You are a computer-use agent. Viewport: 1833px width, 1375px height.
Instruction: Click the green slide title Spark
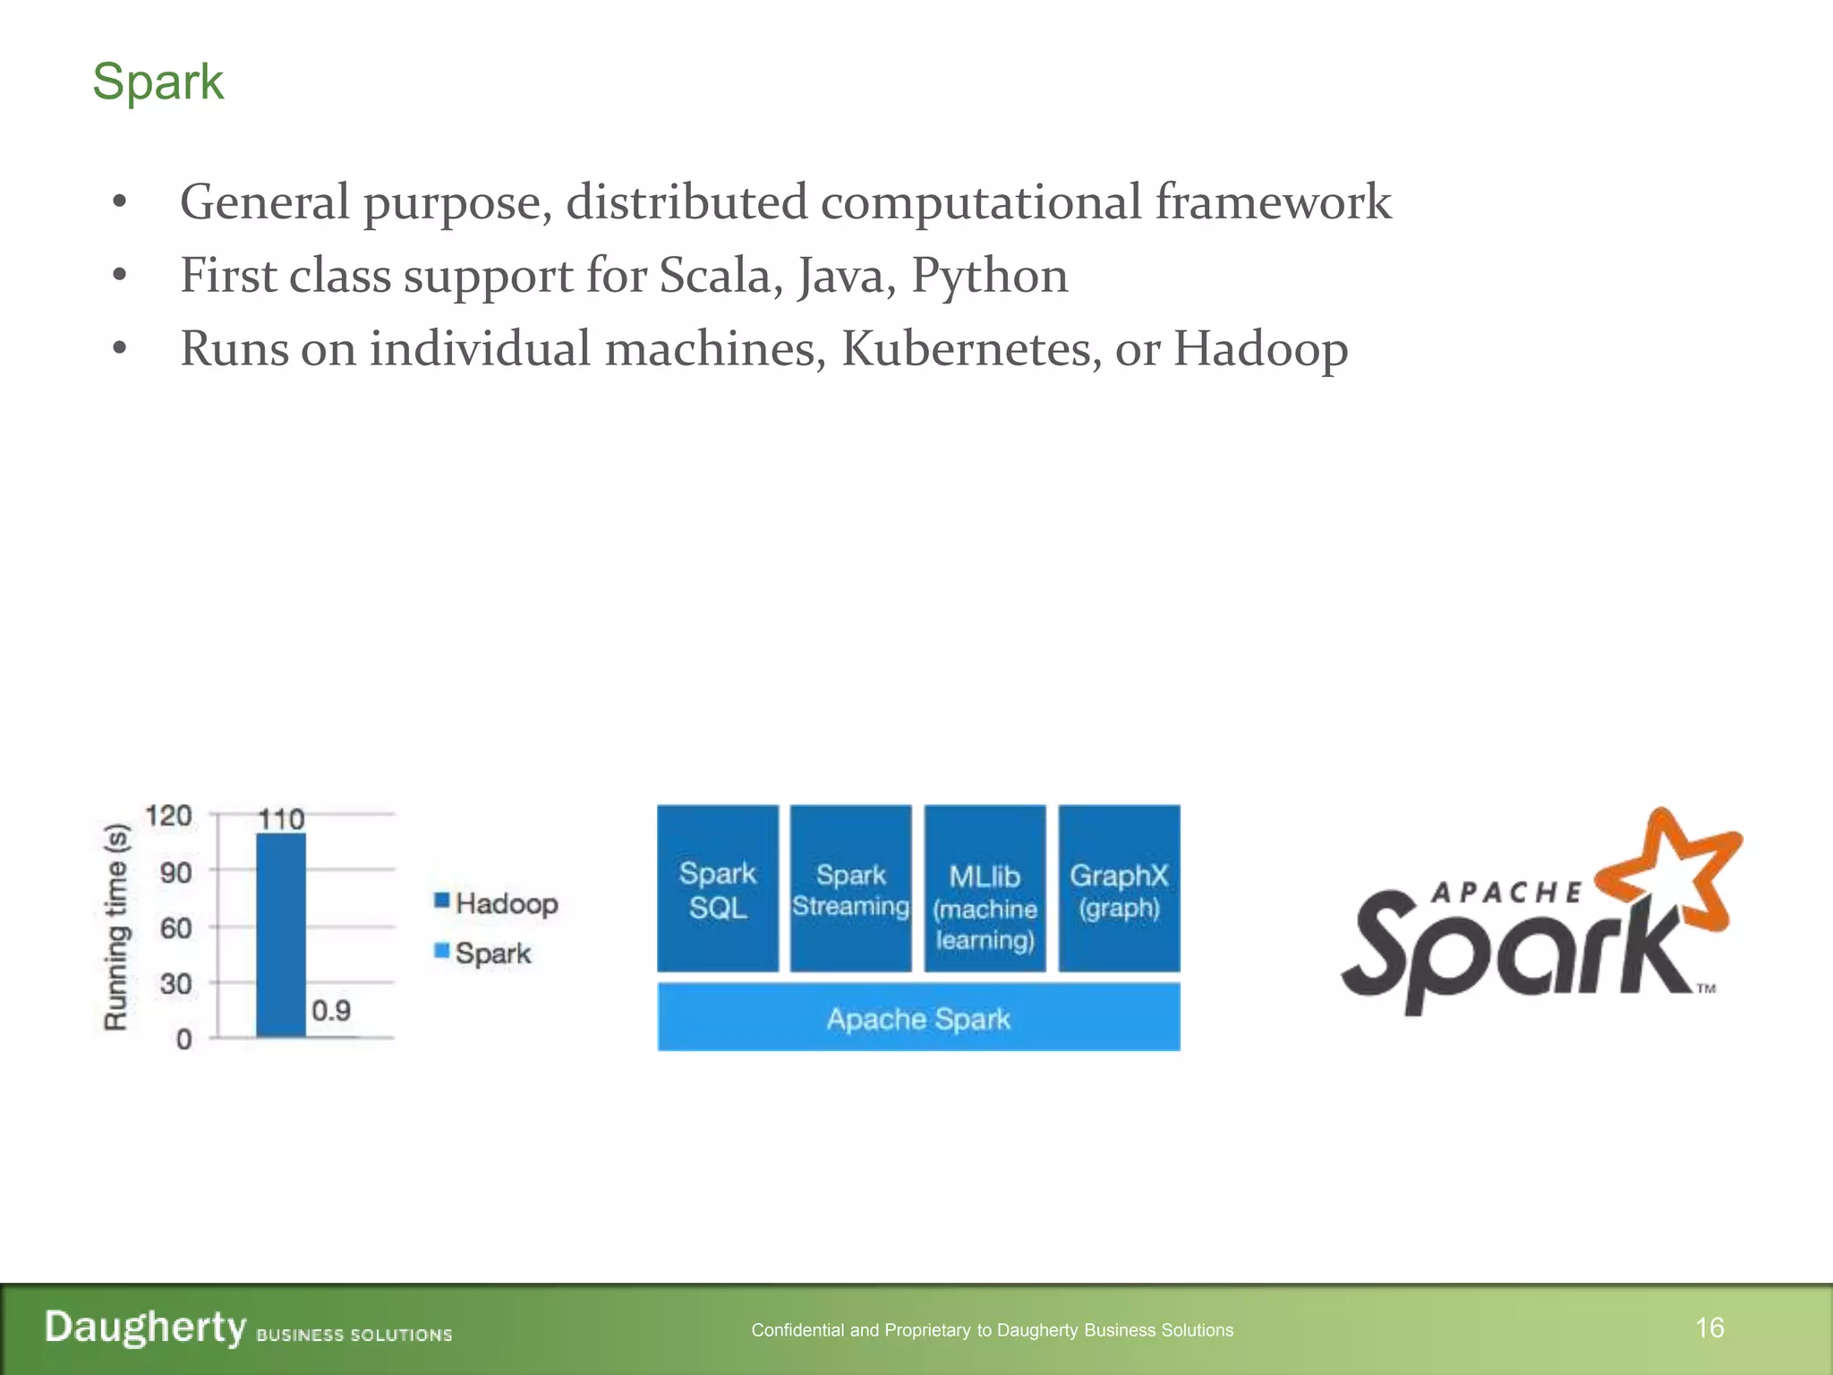(158, 81)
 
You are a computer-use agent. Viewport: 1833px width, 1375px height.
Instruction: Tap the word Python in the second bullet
(989, 276)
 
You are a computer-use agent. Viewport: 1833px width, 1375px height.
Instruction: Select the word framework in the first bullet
(1273, 202)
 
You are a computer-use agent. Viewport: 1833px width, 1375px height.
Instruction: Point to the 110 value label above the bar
(281, 819)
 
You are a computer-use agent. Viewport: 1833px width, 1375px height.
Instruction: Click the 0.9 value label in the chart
(331, 1011)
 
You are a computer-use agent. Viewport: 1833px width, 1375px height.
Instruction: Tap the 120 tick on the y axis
(168, 816)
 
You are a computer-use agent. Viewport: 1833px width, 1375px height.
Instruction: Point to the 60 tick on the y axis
(175, 928)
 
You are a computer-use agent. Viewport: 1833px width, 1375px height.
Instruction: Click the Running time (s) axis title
(116, 927)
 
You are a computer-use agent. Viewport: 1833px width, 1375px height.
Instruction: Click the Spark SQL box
(717, 889)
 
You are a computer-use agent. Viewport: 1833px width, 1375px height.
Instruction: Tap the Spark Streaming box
(850, 889)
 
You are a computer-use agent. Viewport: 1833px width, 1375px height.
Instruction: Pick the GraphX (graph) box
(1119, 889)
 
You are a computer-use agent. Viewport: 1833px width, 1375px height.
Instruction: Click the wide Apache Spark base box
(918, 1018)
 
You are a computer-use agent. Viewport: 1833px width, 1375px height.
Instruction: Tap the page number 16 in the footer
(1709, 1328)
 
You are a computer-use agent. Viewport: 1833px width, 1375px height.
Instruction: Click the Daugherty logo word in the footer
(145, 1327)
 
